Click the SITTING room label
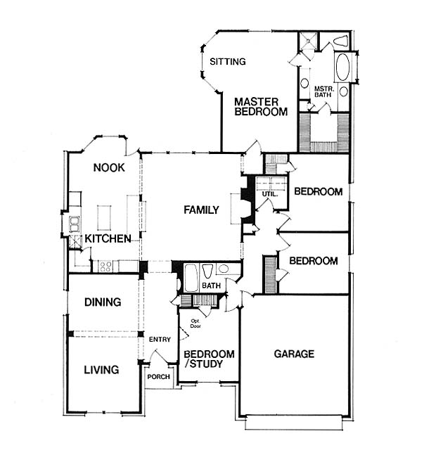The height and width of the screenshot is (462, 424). [x=227, y=62]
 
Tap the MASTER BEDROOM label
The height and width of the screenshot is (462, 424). [x=261, y=107]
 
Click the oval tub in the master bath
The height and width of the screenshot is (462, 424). [x=343, y=68]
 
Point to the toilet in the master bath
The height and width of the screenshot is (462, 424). [x=341, y=40]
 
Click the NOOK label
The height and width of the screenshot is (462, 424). [x=109, y=167]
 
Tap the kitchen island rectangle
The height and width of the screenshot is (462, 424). [x=104, y=218]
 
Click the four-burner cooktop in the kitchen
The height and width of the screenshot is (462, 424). [x=105, y=267]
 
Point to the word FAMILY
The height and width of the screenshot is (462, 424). [x=201, y=210]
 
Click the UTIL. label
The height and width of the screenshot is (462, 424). [x=269, y=195]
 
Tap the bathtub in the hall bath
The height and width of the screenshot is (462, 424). [x=191, y=278]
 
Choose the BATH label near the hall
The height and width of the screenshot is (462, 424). [x=211, y=285]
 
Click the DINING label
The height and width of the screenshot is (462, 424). [x=103, y=302]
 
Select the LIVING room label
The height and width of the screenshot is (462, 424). [x=101, y=370]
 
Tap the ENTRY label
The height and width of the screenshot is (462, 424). [x=160, y=340]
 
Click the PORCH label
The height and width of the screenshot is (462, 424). [x=158, y=377]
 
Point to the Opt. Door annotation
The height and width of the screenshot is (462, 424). [x=195, y=323]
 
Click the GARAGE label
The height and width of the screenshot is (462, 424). [x=294, y=354]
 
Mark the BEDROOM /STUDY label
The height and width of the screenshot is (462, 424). [x=209, y=359]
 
